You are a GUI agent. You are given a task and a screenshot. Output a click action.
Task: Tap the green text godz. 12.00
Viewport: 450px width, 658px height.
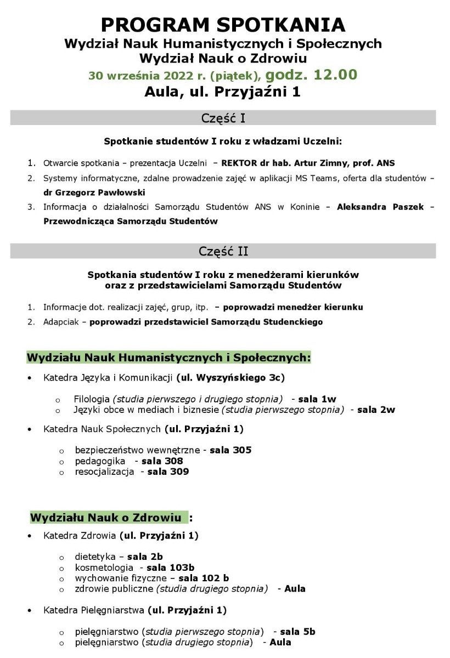(x=312, y=74)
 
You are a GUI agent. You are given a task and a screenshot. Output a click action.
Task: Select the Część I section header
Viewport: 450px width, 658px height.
(x=223, y=118)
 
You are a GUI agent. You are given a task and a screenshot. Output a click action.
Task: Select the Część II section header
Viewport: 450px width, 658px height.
(x=223, y=251)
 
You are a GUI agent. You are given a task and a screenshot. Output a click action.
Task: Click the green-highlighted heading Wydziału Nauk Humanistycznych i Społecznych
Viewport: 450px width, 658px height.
(x=168, y=358)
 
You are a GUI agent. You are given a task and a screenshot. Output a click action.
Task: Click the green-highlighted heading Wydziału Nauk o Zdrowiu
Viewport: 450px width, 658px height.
(x=106, y=518)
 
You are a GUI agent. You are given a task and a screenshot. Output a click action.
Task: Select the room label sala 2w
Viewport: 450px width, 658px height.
(x=376, y=410)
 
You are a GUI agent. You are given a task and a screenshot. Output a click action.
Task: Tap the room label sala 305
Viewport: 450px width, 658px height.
(x=230, y=450)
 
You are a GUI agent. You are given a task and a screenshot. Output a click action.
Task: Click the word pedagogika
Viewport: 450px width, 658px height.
(x=100, y=461)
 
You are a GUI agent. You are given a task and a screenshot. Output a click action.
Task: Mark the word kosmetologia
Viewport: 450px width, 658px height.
(x=104, y=568)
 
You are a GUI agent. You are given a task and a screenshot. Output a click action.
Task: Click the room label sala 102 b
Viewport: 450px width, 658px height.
(x=204, y=578)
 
